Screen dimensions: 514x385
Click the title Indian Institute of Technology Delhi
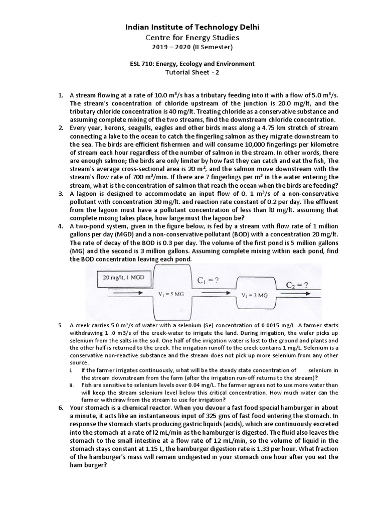[192, 27]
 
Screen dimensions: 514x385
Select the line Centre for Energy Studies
[192, 37]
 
